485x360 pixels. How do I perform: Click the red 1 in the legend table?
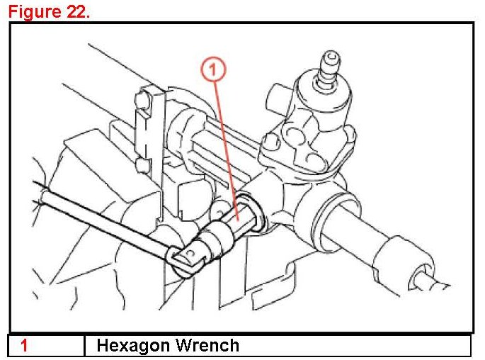tap(24, 346)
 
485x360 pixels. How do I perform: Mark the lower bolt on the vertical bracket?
tap(142, 167)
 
